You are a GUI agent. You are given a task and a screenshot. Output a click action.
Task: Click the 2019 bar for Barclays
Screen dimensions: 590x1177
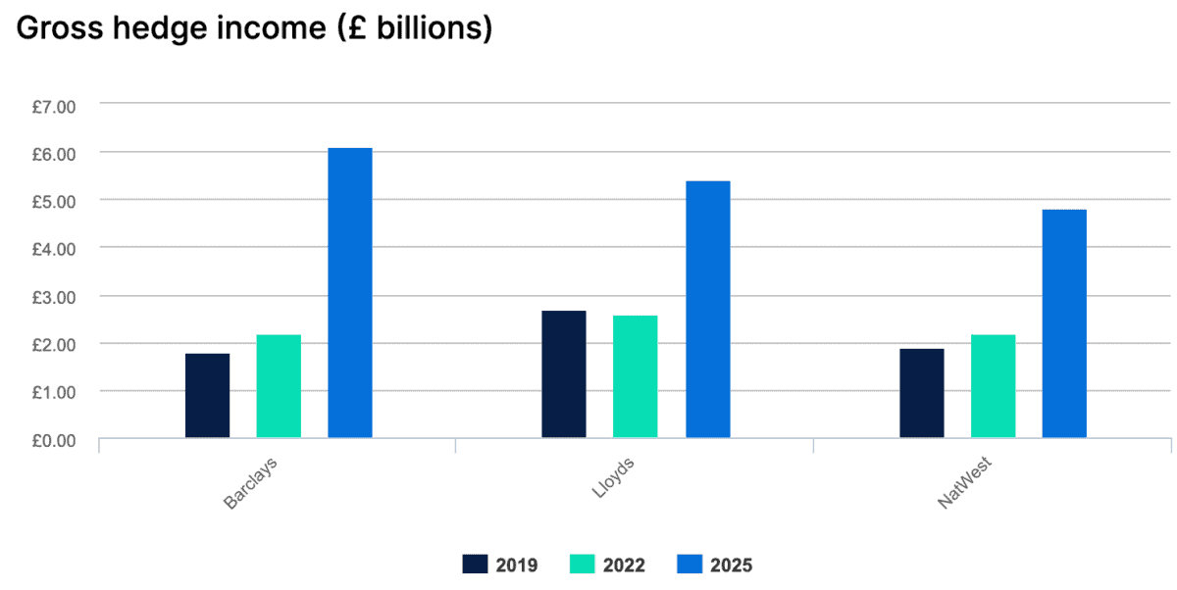coord(207,396)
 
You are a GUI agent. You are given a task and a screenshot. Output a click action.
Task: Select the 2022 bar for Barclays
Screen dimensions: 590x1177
coord(279,386)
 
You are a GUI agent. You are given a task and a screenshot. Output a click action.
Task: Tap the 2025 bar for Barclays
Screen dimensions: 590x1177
coord(350,293)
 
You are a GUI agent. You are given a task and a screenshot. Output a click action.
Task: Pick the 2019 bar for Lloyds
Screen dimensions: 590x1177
coord(564,374)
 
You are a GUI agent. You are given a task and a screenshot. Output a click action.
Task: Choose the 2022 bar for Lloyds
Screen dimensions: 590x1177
coord(636,376)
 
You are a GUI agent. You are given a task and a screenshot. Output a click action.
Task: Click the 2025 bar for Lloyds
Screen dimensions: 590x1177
coord(707,310)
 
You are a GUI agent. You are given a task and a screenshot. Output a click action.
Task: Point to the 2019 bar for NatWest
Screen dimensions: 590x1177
coord(922,393)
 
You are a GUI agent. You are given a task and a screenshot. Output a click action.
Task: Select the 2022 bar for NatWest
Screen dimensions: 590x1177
coord(994,386)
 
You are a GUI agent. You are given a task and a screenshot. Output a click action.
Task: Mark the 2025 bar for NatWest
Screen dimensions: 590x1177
coord(1064,323)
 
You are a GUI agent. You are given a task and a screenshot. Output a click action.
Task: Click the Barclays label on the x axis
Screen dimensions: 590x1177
coord(251,481)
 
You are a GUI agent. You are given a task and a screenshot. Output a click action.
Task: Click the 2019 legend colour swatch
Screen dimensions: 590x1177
coord(475,564)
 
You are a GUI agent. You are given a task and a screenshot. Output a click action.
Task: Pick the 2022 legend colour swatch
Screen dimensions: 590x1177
coord(582,564)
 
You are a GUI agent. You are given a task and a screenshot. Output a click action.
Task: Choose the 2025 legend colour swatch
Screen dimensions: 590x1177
coord(689,564)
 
